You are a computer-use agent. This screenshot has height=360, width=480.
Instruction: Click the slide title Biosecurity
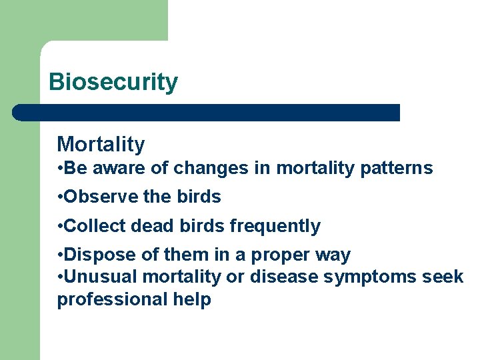pyautogui.click(x=113, y=82)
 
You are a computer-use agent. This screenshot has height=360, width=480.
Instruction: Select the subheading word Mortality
pyautogui.click(x=101, y=144)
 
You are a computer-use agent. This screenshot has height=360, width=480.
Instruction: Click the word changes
pyautogui.click(x=211, y=169)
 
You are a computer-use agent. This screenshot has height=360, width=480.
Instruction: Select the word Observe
pyautogui.click(x=96, y=197)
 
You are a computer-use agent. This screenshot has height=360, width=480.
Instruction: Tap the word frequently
pyautogui.click(x=275, y=227)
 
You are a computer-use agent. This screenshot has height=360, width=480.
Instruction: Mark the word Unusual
pyautogui.click(x=97, y=277)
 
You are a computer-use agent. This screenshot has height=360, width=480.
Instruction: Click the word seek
pyautogui.click(x=443, y=277)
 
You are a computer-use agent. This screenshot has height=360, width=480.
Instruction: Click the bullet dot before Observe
pyautogui.click(x=60, y=197)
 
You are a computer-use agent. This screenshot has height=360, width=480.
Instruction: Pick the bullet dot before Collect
pyautogui.click(x=60, y=226)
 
